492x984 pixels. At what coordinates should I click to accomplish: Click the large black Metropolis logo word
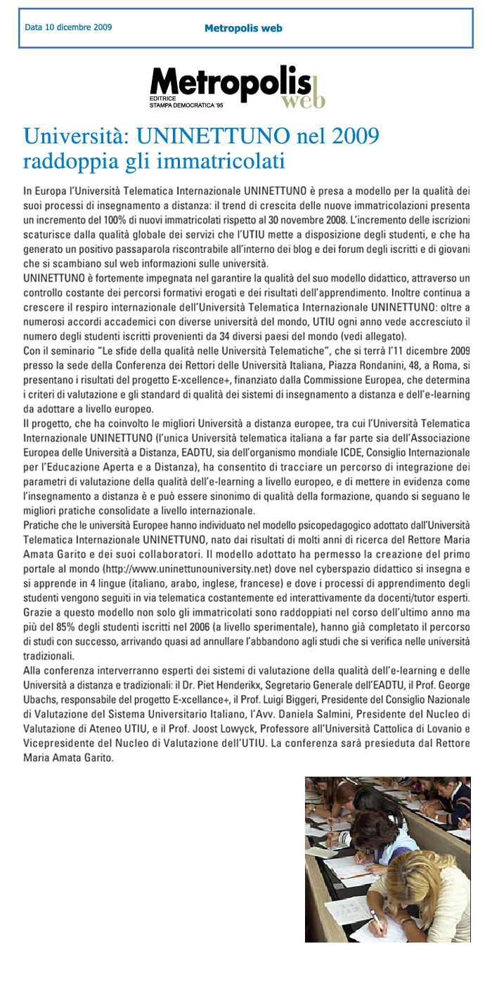(x=230, y=83)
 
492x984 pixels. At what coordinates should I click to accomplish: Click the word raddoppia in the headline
(x=69, y=162)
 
